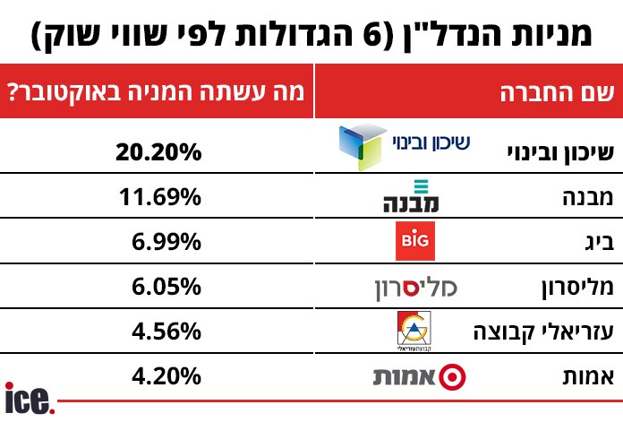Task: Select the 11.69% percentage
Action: coord(158,196)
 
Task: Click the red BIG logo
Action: coord(415,241)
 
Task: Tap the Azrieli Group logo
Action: coord(414,332)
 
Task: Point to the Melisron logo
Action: coord(415,288)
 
